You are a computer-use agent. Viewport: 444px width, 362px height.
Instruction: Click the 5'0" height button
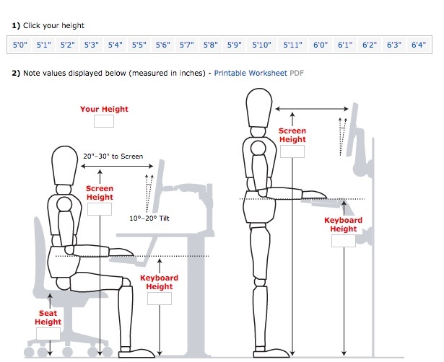[20, 45]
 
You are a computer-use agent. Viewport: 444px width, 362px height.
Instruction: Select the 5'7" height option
[186, 45]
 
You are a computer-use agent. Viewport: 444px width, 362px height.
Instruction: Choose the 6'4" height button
[417, 45]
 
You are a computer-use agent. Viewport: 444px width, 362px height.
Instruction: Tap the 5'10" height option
[261, 45]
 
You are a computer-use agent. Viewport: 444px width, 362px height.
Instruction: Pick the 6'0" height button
[321, 45]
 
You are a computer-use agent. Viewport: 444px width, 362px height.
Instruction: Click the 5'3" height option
[91, 45]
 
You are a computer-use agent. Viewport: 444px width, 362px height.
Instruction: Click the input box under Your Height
[104, 122]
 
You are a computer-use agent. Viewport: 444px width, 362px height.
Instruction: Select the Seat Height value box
[48, 334]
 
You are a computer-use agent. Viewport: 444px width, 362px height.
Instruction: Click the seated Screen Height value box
[100, 209]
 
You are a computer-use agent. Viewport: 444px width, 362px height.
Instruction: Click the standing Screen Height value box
[292, 151]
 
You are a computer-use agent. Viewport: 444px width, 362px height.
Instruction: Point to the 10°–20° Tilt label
[154, 218]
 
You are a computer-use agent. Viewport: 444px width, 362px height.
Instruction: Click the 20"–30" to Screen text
[113, 156]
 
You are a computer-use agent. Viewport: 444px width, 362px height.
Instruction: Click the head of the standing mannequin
[258, 110]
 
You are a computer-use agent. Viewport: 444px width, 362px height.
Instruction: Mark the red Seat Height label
[49, 318]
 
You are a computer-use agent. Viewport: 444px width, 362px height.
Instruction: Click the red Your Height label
[104, 110]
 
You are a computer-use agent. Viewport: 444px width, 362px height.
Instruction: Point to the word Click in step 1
[35, 25]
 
